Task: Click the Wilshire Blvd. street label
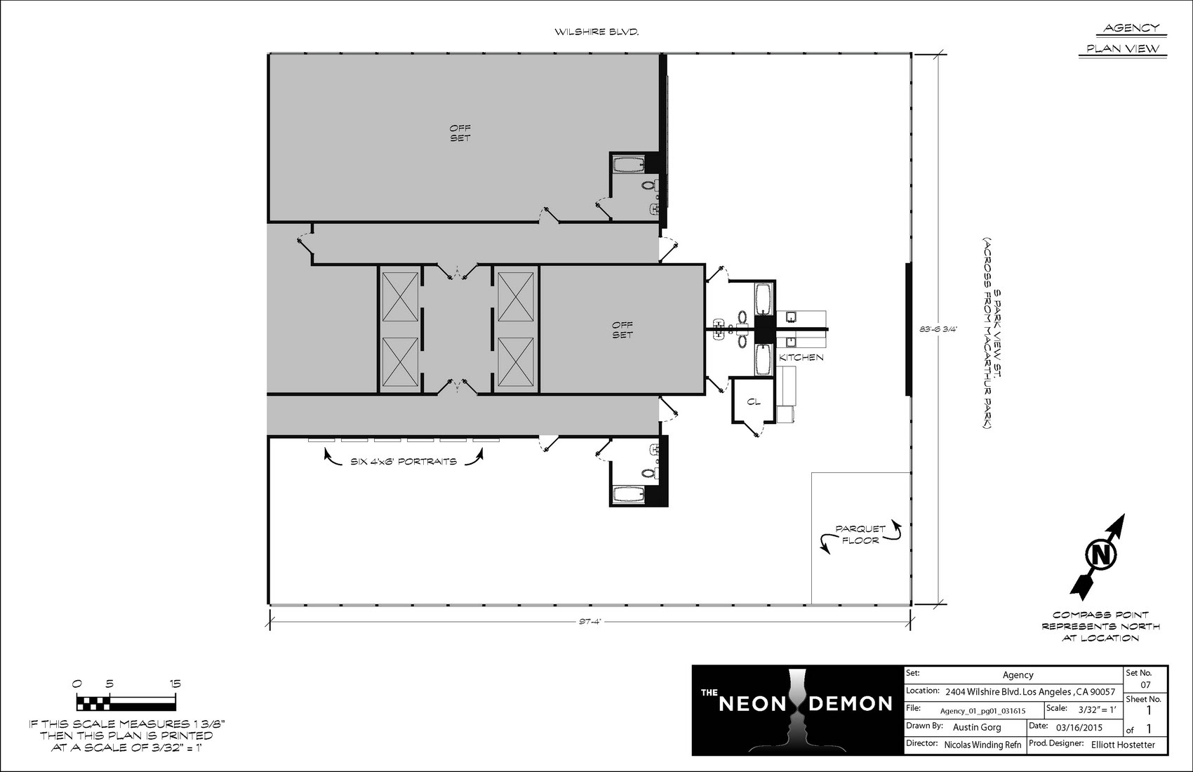click(x=596, y=32)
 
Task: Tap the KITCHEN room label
click(x=801, y=357)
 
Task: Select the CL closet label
click(x=754, y=401)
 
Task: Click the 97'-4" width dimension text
click(x=590, y=621)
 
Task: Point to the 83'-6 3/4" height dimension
click(x=938, y=329)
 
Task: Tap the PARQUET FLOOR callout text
click(x=860, y=534)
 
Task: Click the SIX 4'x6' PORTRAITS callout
click(x=404, y=461)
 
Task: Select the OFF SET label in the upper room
click(x=460, y=133)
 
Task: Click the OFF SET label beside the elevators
click(x=622, y=330)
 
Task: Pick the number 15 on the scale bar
click(x=175, y=684)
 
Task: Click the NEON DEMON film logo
click(x=797, y=710)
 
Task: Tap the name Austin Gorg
click(x=977, y=727)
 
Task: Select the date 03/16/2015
click(x=1079, y=727)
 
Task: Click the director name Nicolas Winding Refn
click(x=982, y=745)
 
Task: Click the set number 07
click(x=1145, y=685)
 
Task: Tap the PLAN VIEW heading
click(x=1123, y=48)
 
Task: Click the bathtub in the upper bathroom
click(x=629, y=164)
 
